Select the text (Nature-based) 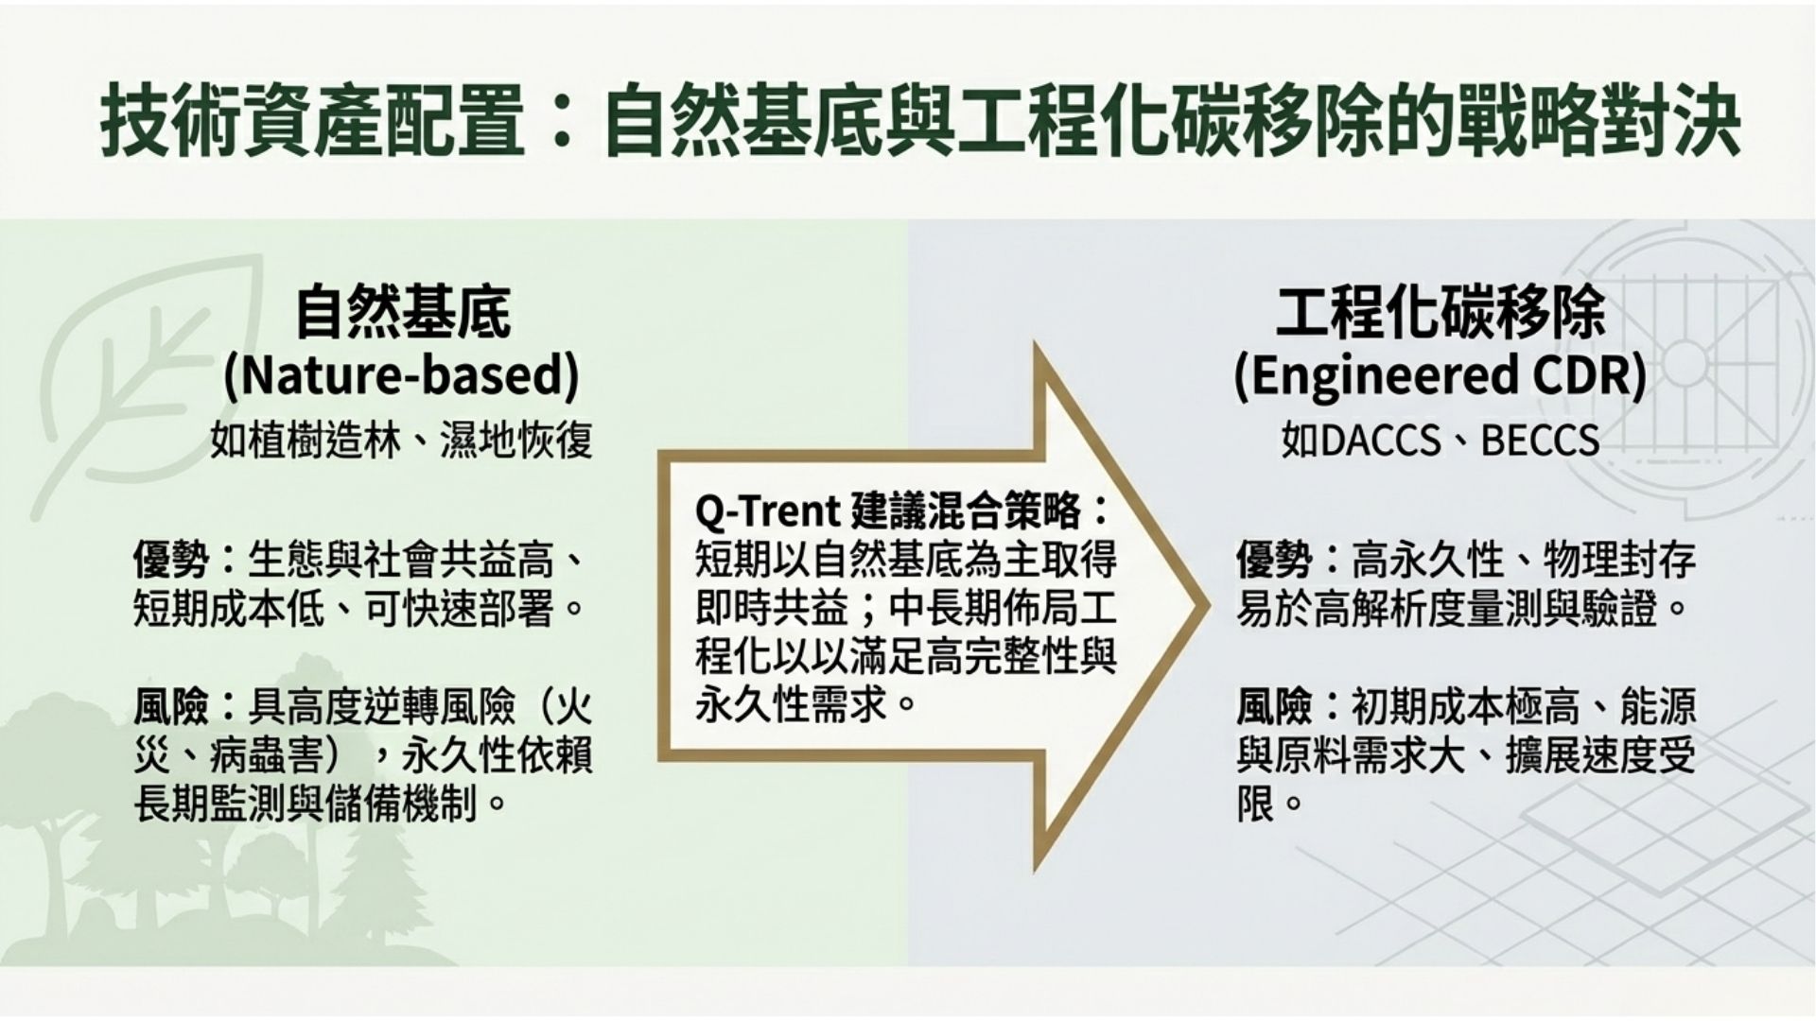tap(401, 375)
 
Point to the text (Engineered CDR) tap(1441, 375)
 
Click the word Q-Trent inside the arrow tap(768, 511)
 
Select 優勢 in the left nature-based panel tap(171, 561)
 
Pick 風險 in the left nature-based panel tap(171, 706)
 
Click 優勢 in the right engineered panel tap(1275, 561)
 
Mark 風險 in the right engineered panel tap(1275, 706)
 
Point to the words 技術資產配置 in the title tap(313, 121)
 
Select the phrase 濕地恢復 tap(516, 441)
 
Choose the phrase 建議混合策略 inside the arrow tap(967, 511)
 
